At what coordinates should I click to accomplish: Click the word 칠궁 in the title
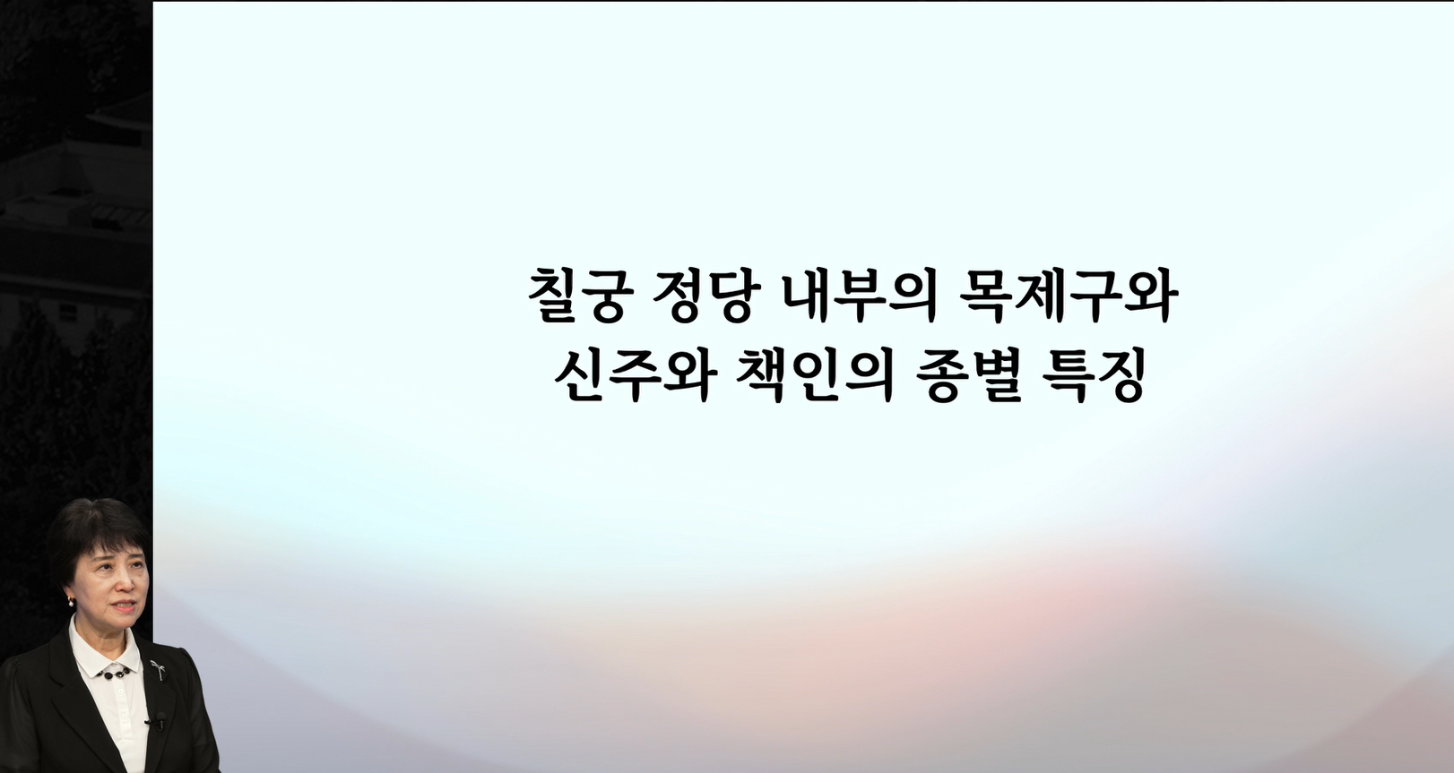[x=571, y=296]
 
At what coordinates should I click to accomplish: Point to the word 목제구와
[x=1069, y=296]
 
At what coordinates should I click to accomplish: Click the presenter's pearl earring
[x=70, y=603]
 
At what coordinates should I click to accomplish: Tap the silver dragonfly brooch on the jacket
[x=157, y=669]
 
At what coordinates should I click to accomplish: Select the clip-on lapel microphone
[x=158, y=720]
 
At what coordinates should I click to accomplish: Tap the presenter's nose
[x=125, y=587]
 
